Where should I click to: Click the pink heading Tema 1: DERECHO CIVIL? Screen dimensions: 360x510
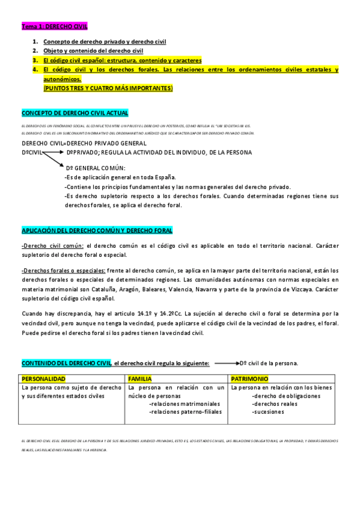point(55,26)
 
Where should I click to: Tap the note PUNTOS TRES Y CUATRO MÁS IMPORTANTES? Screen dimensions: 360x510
point(108,88)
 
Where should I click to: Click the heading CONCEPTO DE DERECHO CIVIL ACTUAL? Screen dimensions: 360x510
point(75,112)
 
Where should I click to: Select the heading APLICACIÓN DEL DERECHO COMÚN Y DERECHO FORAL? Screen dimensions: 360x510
point(97,230)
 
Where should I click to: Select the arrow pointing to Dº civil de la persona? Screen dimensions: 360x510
point(225,363)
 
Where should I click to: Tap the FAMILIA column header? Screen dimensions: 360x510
point(140,379)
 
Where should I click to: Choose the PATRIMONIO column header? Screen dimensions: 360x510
point(250,379)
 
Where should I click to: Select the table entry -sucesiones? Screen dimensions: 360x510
point(267,412)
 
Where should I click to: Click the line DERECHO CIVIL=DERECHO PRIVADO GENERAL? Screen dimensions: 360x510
point(84,143)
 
